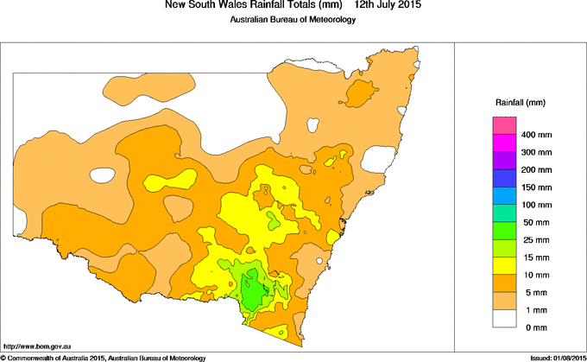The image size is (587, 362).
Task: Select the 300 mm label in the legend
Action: (x=537, y=153)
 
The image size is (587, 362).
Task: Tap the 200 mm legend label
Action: (x=537, y=170)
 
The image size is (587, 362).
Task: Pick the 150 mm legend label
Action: (x=537, y=187)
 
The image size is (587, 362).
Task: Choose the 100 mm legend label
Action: (x=537, y=205)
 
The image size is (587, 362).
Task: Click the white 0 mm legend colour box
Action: (x=505, y=319)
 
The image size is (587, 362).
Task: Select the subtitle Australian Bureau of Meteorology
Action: (x=293, y=20)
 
